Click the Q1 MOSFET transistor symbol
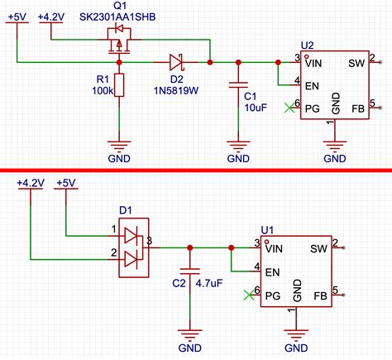click(x=118, y=43)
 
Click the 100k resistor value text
click(x=103, y=91)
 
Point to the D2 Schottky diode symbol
click(x=175, y=61)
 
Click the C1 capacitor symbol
click(x=238, y=85)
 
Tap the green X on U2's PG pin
click(x=287, y=105)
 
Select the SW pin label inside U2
click(x=356, y=62)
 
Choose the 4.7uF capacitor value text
click(x=208, y=283)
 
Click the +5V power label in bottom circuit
click(x=66, y=182)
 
